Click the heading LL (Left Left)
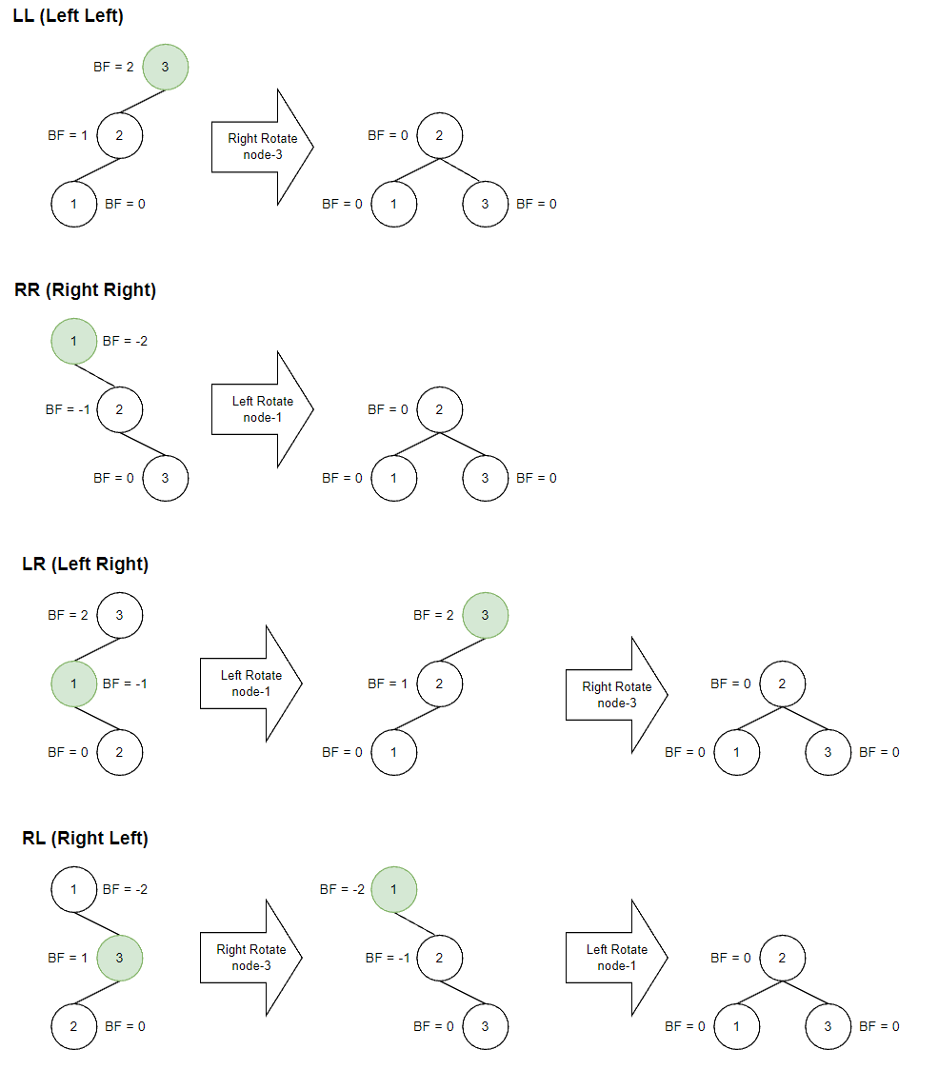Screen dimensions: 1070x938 pos(68,16)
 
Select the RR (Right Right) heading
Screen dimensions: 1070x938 pos(85,290)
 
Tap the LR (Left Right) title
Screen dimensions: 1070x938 pos(85,565)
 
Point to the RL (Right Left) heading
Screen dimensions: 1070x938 pos(85,839)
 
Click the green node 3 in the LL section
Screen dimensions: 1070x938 pos(166,67)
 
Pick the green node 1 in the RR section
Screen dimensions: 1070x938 pos(74,341)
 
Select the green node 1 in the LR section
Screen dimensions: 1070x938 pos(74,684)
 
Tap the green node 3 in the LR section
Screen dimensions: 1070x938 pos(486,615)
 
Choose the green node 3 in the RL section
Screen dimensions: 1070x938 pos(120,958)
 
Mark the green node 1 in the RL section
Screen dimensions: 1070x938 pos(394,889)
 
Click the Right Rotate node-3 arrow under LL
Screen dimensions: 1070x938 pos(262,147)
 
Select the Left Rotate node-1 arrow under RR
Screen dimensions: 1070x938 pos(262,409)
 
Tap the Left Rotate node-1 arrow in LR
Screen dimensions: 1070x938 pos(250,684)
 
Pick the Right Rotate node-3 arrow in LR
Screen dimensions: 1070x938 pos(616,695)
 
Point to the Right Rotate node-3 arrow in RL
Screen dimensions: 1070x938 pos(250,958)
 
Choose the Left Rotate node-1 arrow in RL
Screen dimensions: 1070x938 pos(616,958)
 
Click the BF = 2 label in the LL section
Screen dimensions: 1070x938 pos(113,68)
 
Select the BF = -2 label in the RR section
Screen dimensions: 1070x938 pos(125,342)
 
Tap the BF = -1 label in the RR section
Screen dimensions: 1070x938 pos(68,410)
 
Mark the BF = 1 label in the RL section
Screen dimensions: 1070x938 pos(68,959)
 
